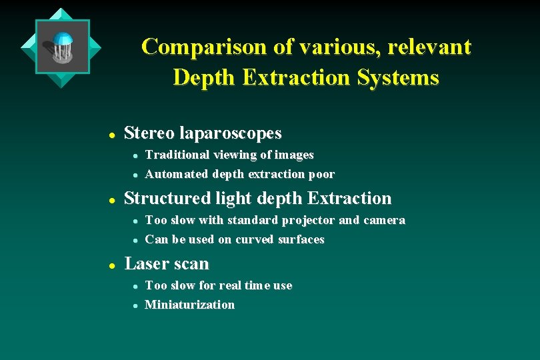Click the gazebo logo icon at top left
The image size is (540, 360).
click(x=61, y=47)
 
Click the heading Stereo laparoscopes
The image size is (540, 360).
click(x=203, y=133)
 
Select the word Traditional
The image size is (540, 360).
click(x=177, y=155)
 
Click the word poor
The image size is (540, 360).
click(x=321, y=175)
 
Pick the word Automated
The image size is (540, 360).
click(x=176, y=175)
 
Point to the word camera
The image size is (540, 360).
click(x=383, y=221)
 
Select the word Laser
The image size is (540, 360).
click(x=144, y=264)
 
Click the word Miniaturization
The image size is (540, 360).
click(x=189, y=305)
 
